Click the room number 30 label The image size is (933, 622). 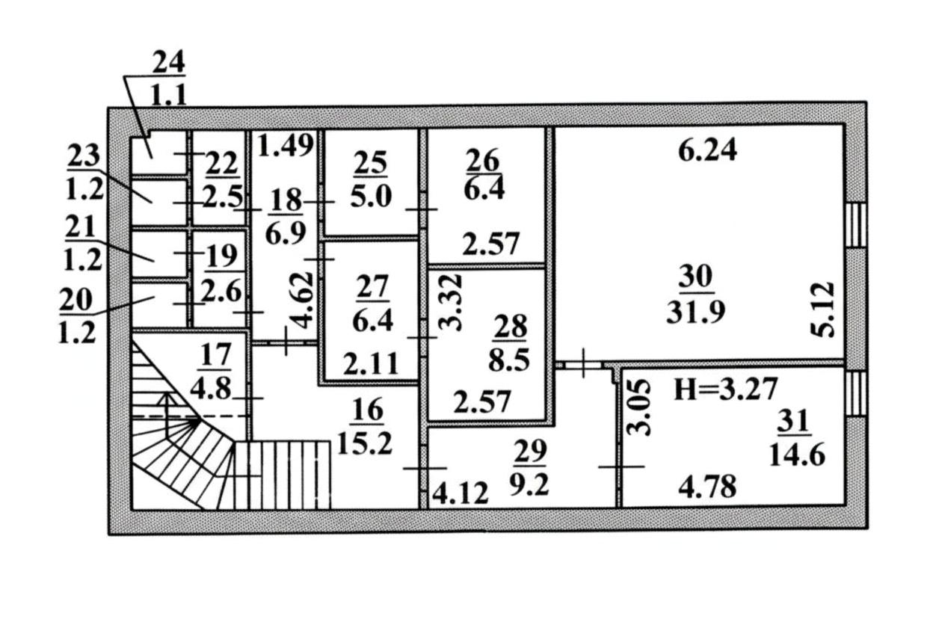[x=695, y=276]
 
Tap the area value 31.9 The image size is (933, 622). [x=695, y=312]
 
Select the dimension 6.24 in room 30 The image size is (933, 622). [x=707, y=150]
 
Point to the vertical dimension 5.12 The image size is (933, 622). [x=823, y=310]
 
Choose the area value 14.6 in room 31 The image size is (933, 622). [x=797, y=455]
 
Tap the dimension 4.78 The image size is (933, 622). [x=707, y=487]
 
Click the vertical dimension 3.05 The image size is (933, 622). [x=638, y=407]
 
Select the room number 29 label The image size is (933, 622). [x=530, y=451]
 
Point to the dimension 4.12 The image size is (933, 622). [x=460, y=493]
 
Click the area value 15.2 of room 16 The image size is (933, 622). [x=365, y=443]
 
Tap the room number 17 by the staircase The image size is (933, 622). [x=215, y=354]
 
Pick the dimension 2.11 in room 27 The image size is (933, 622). [x=370, y=363]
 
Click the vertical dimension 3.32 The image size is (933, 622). [x=451, y=302]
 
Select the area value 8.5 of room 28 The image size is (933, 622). [x=509, y=360]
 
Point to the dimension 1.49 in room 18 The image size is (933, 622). [x=286, y=145]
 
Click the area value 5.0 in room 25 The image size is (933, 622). [x=371, y=197]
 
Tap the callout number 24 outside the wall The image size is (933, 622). [x=168, y=64]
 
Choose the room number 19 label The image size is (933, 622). [x=221, y=256]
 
